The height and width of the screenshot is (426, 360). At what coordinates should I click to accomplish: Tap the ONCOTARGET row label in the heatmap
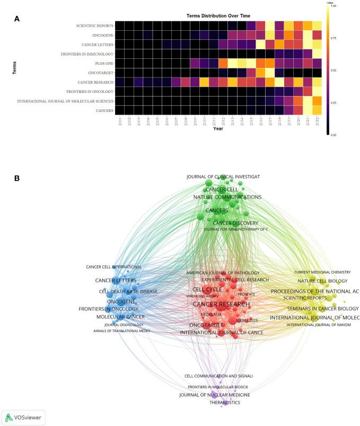[95, 73]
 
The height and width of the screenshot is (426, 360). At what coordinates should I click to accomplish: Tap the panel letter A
[17, 19]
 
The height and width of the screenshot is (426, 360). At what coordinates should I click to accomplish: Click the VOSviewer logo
[23, 417]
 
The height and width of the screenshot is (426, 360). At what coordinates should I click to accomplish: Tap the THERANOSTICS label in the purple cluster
[225, 403]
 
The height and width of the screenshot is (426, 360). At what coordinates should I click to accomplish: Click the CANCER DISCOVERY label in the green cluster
[235, 223]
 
